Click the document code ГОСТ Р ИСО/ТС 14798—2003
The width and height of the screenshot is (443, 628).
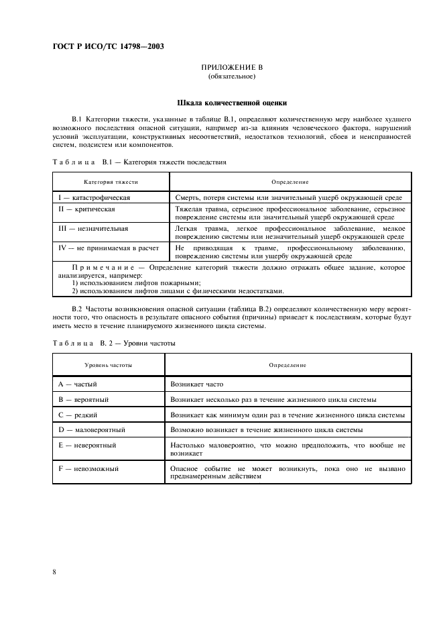click(108, 47)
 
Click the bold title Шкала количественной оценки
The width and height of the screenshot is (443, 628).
click(231, 103)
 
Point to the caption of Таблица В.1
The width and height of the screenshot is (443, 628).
click(139, 162)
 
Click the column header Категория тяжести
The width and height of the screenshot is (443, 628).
click(111, 182)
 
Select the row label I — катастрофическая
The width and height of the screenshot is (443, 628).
click(94, 198)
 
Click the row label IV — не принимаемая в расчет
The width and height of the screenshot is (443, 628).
click(109, 248)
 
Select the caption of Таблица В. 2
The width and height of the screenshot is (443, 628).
click(113, 343)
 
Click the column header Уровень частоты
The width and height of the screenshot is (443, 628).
click(108, 365)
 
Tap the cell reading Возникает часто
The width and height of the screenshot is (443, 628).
click(197, 384)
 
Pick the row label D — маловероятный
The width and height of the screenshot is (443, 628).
click(92, 429)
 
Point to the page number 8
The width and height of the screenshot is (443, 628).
click(54, 571)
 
